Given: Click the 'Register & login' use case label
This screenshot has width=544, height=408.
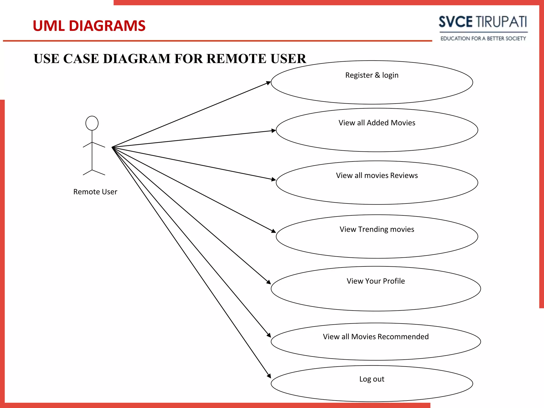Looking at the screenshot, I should click(x=372, y=75).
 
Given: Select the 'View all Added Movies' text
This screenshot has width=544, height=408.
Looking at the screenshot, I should click(x=377, y=123).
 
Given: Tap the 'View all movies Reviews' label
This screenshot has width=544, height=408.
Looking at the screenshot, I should click(x=377, y=175).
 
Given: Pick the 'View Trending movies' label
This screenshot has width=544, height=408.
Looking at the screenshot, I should click(x=377, y=229).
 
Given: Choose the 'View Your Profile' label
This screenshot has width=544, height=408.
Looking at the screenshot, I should click(x=376, y=281).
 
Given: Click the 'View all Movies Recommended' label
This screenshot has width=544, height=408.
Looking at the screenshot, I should click(x=376, y=337).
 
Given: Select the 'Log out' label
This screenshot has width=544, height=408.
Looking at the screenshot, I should click(x=372, y=379).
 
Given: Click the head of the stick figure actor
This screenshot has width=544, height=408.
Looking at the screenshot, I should click(x=92, y=123).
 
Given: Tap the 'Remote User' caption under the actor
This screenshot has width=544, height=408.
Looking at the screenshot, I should click(x=95, y=192).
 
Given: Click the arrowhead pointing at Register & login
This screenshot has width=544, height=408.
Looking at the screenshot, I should click(x=269, y=83).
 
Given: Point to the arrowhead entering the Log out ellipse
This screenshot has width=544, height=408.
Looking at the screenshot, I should click(x=269, y=376).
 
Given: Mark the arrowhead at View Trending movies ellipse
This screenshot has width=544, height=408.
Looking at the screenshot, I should click(x=274, y=231).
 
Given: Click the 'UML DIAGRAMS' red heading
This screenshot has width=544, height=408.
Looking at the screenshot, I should click(x=89, y=26).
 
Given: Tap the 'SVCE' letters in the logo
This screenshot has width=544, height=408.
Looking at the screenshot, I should click(x=456, y=22).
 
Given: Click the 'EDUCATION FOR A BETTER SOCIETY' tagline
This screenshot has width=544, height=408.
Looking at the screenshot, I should click(x=483, y=39).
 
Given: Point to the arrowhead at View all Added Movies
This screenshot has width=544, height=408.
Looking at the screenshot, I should click(x=274, y=130).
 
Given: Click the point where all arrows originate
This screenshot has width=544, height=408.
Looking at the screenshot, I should click(x=112, y=147).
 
